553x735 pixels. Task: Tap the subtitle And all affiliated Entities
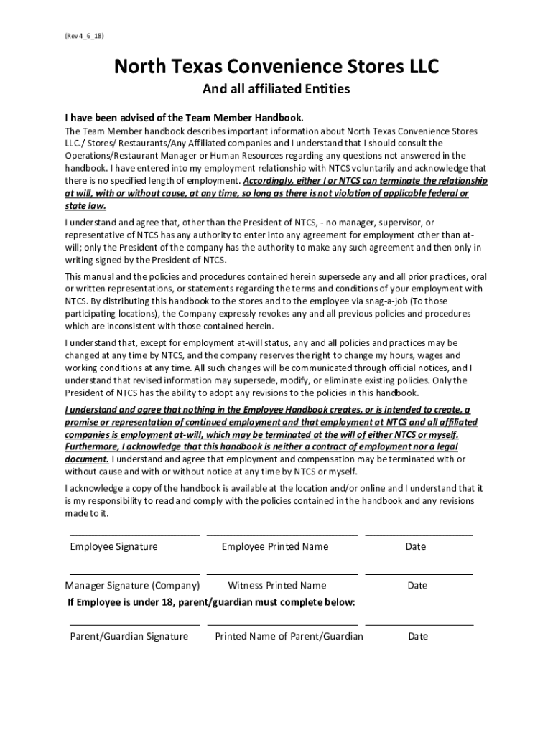[x=276, y=90]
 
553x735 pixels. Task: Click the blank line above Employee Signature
[x=134, y=535]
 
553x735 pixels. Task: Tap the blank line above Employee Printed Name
[x=282, y=535]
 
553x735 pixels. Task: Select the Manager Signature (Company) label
[x=132, y=586]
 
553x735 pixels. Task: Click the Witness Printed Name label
[x=276, y=586]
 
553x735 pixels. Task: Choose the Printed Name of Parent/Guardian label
[x=289, y=637]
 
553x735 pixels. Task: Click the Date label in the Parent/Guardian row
[x=417, y=637]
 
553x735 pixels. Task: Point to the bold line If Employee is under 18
[x=211, y=601]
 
